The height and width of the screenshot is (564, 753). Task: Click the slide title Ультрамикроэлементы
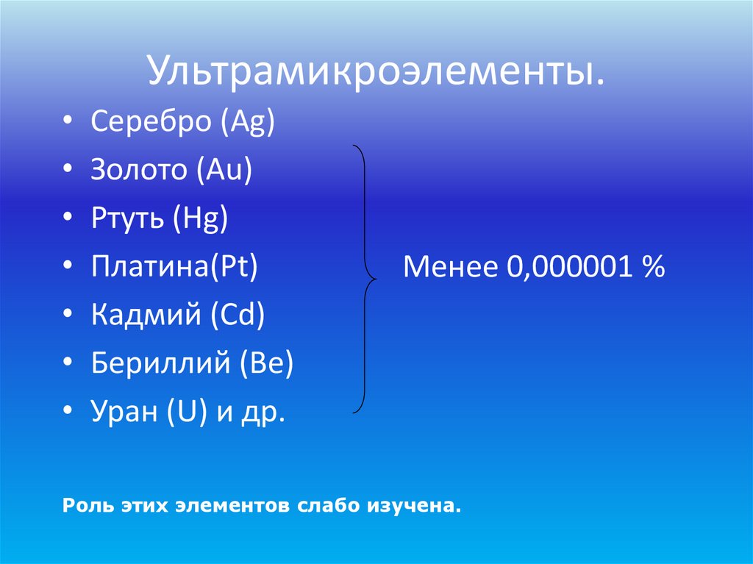coord(376,72)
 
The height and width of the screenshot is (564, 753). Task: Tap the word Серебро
coord(151,122)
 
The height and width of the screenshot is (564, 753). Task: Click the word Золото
coord(140,171)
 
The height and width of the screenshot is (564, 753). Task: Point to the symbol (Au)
coord(224,171)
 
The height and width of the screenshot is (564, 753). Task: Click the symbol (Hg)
coord(201,219)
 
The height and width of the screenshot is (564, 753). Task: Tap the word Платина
coord(148,268)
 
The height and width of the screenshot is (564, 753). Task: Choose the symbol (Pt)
coord(235,268)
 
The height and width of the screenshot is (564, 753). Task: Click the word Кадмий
coord(146,316)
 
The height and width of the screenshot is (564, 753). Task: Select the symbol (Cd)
coord(237,316)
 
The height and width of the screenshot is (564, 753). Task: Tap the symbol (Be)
coord(266,365)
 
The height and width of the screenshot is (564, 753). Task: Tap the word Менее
coord(449,268)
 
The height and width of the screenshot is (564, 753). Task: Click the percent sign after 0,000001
coord(652,268)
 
